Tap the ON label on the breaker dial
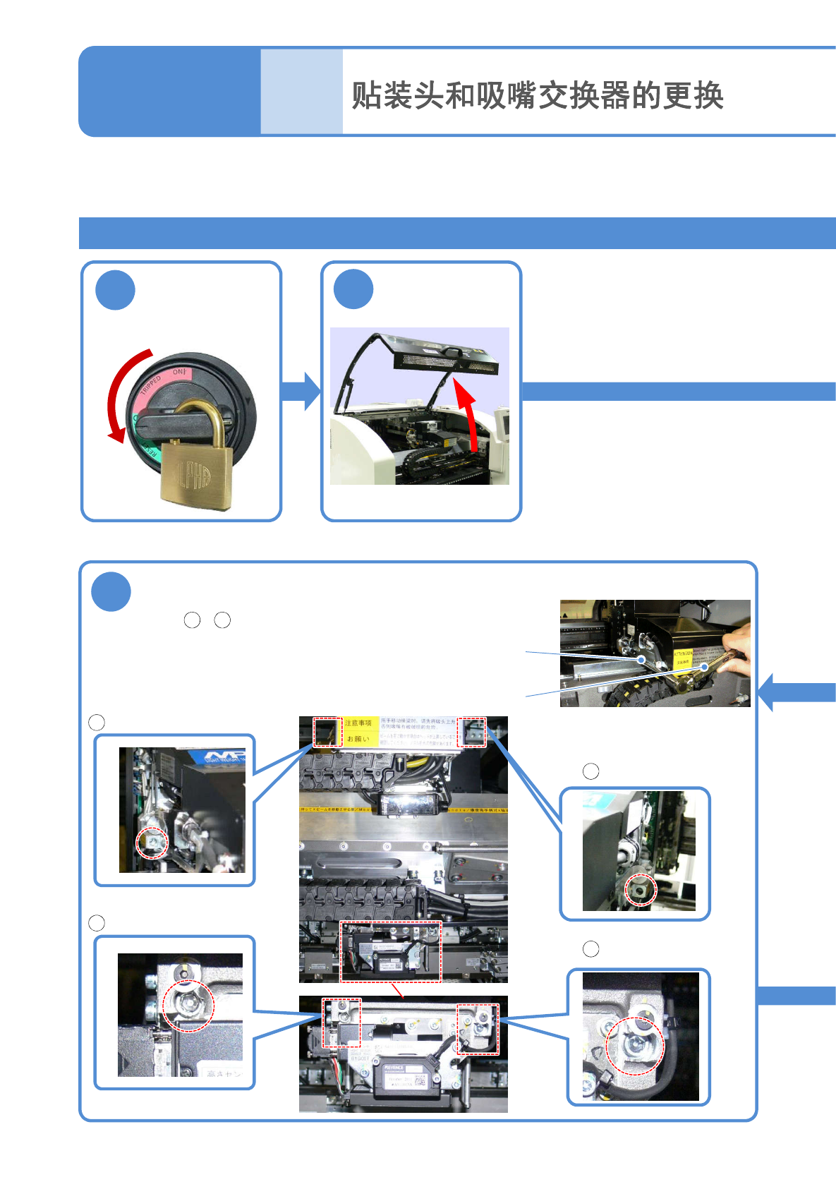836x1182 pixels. [179, 372]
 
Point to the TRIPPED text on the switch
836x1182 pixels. [151, 385]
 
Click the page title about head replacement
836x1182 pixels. [538, 95]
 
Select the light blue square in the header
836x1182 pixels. [301, 91]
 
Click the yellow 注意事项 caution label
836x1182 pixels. [358, 723]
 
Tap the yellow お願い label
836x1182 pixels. [358, 739]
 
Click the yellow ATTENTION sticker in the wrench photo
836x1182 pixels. [682, 658]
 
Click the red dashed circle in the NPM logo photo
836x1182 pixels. [152, 843]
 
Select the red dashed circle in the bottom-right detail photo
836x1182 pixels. [635, 1046]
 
